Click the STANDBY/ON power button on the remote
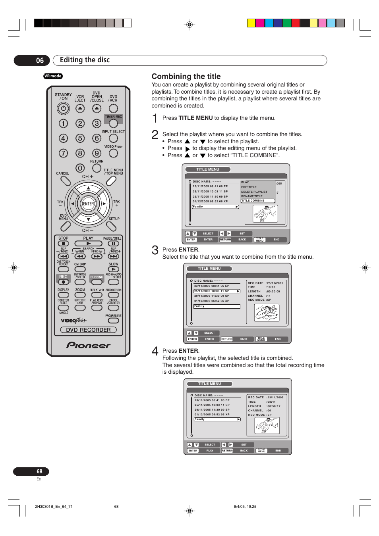click(63, 108)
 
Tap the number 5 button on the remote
click(80, 138)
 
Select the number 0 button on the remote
click(80, 168)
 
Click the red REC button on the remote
click(63, 282)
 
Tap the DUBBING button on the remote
click(97, 282)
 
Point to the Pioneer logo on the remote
click(88, 345)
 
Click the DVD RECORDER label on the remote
click(88, 330)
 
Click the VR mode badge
click(53, 76)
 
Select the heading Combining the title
click(186, 77)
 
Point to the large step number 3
click(155, 250)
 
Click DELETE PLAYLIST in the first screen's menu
click(254, 192)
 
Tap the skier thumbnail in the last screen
click(267, 426)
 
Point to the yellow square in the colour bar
click(251, 23)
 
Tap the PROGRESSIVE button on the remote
click(113, 321)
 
